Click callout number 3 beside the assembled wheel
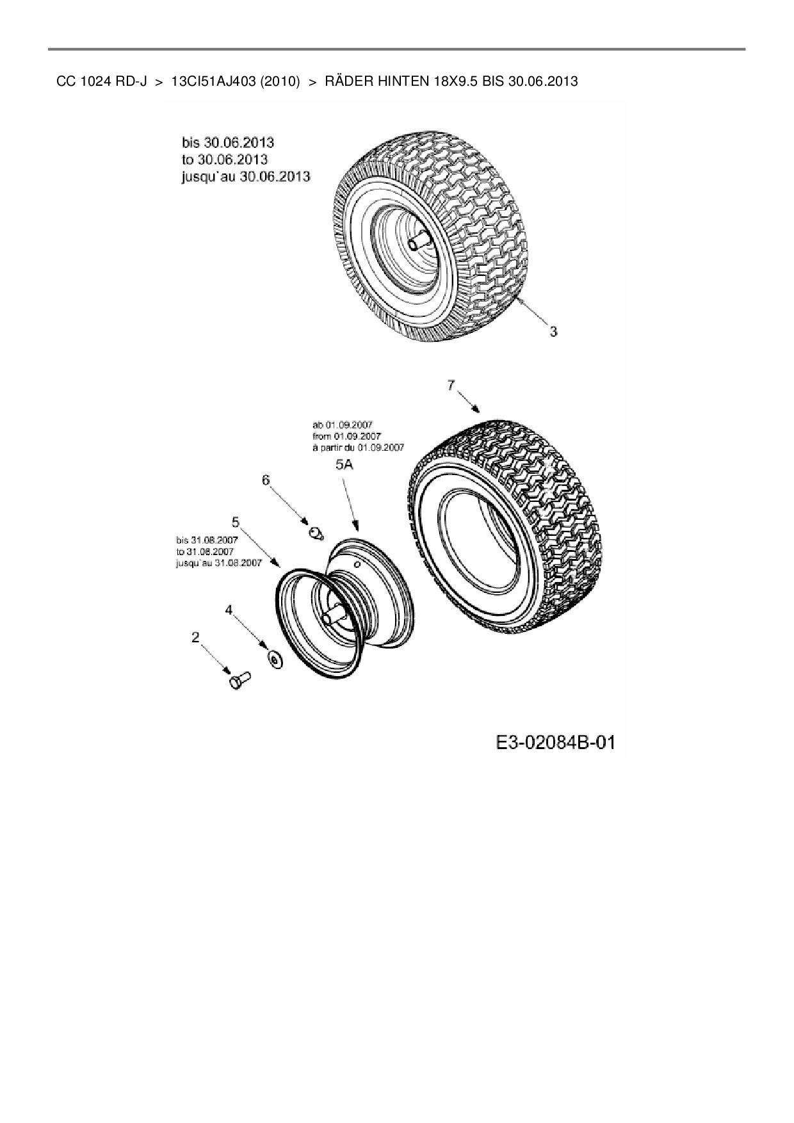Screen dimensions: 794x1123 553,332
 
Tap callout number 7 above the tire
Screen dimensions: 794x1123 451,385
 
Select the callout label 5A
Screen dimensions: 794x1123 344,465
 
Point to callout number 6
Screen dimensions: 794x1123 266,480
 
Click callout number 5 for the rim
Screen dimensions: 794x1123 236,521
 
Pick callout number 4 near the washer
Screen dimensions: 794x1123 229,610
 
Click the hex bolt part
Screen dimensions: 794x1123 239,680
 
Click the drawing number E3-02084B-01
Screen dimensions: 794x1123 555,743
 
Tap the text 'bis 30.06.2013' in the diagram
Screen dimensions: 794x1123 228,142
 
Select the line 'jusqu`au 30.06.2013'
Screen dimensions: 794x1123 246,176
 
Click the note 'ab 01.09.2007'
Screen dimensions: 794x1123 343,424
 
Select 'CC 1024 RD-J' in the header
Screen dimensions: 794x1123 102,81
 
